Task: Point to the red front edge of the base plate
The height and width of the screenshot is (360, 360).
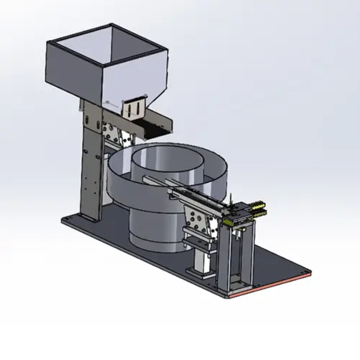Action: point(270,287)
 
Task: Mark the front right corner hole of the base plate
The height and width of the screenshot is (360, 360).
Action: point(307,271)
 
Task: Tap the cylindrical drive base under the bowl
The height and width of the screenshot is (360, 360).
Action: point(153,229)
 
